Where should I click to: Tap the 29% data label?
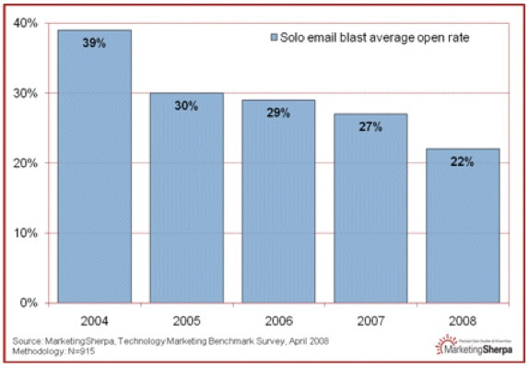pyautogui.click(x=279, y=113)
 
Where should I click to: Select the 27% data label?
pyautogui.click(x=370, y=127)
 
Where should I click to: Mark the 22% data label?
pyautogui.click(x=461, y=162)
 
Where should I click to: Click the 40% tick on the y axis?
pyautogui.click(x=25, y=23)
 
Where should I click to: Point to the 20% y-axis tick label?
pyautogui.click(x=25, y=163)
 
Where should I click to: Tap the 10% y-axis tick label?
pyautogui.click(x=25, y=233)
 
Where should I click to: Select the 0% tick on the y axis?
pyautogui.click(x=29, y=303)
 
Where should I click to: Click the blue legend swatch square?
pyautogui.click(x=274, y=38)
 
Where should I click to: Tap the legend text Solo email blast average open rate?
pyautogui.click(x=369, y=38)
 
